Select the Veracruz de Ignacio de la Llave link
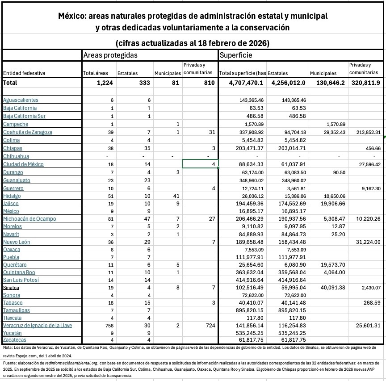(38, 325)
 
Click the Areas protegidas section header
(110, 55)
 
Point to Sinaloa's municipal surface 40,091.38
(330, 288)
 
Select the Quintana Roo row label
(20, 272)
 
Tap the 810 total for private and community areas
(209, 83)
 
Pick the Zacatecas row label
(14, 340)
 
